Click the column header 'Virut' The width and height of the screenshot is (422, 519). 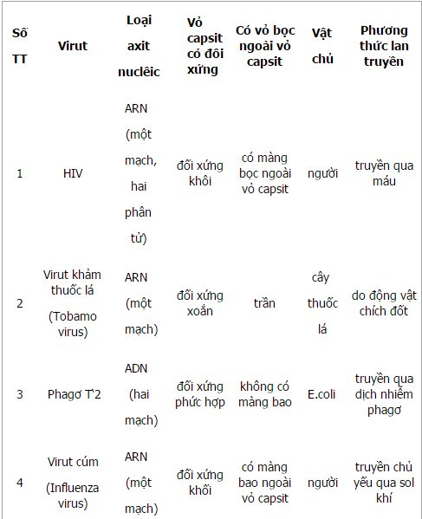tap(73, 45)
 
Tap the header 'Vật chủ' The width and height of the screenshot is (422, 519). tap(323, 45)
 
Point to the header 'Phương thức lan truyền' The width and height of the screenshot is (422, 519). tap(383, 45)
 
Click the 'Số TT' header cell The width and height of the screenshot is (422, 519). tap(20, 45)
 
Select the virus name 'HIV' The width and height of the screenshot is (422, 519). tap(73, 172)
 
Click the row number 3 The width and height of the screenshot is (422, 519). tap(20, 395)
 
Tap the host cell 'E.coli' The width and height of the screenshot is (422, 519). tap(322, 395)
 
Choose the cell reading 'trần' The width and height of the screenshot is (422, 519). tap(263, 303)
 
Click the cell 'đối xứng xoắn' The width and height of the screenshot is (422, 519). tap(200, 303)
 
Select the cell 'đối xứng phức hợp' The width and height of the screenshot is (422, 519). tap(200, 395)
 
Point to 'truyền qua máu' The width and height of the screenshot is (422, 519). tap(384, 172)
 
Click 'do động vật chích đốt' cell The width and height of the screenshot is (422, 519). tap(384, 303)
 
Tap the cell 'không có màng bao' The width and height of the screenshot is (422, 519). tap(264, 395)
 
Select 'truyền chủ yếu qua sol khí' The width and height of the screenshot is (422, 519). tap(384, 480)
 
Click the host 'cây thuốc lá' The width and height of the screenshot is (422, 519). tap(322, 303)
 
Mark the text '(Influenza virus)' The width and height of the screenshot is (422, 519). tap(73, 495)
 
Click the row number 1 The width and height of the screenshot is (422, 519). tap(20, 172)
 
